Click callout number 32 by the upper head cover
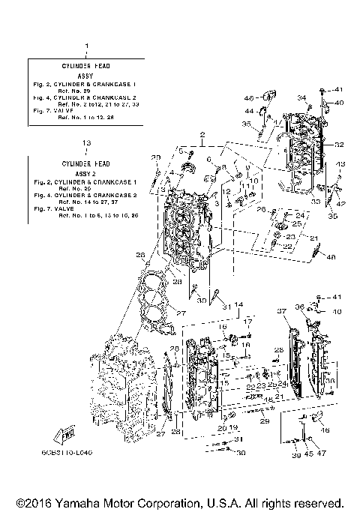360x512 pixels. (339, 145)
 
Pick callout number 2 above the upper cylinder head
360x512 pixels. (202, 134)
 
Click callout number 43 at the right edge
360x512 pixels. (340, 164)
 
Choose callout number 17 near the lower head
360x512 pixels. (247, 323)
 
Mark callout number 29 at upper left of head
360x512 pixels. (156, 157)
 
